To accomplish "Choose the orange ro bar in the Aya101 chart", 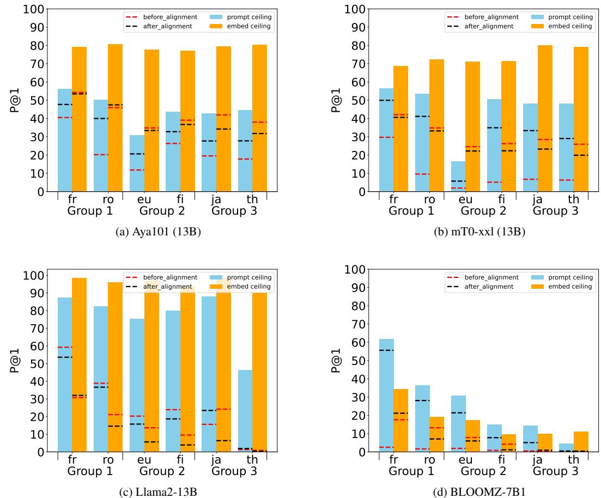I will (x=115, y=118).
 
